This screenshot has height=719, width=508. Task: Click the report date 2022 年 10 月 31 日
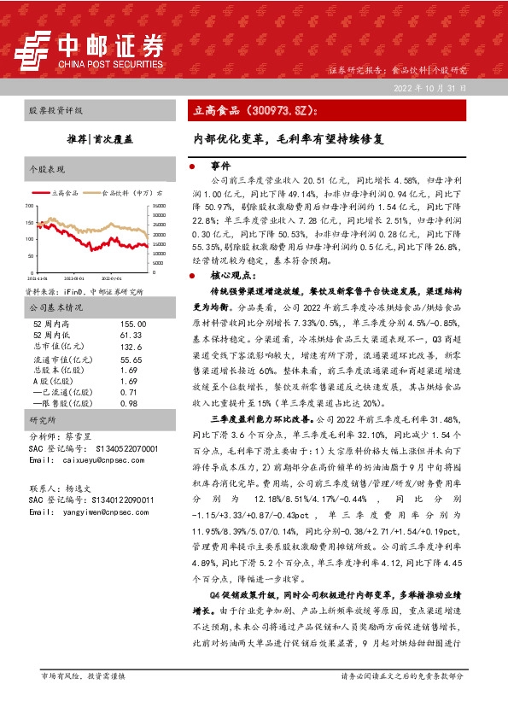pos(429,88)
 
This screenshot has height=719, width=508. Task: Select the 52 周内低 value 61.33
pos(131,336)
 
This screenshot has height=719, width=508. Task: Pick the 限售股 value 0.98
pos(128,403)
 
